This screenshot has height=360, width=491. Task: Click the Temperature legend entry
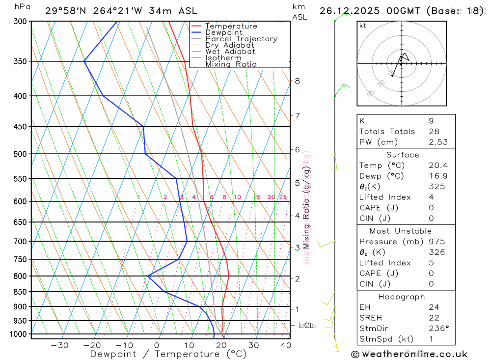pyautogui.click(x=231, y=26)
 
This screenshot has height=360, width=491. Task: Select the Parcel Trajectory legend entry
pyautogui.click(x=241, y=39)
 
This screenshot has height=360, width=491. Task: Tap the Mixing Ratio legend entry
pyautogui.click(x=231, y=64)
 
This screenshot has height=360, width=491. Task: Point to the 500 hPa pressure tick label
pyautogui.click(x=20, y=154)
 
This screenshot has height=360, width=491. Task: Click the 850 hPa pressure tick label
pyautogui.click(x=20, y=292)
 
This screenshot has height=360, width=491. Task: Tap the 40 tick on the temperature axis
pyautogui.click(x=286, y=345)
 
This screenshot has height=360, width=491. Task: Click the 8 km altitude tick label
pyautogui.click(x=298, y=81)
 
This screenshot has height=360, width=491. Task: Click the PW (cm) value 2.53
pyautogui.click(x=438, y=142)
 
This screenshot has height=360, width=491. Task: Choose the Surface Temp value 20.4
pyautogui.click(x=438, y=166)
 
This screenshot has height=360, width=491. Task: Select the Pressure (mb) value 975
pyautogui.click(x=436, y=242)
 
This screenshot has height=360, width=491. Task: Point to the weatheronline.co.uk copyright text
pyautogui.click(x=409, y=354)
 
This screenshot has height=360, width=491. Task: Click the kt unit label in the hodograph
pyautogui.click(x=363, y=26)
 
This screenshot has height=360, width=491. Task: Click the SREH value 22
pyautogui.click(x=433, y=318)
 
